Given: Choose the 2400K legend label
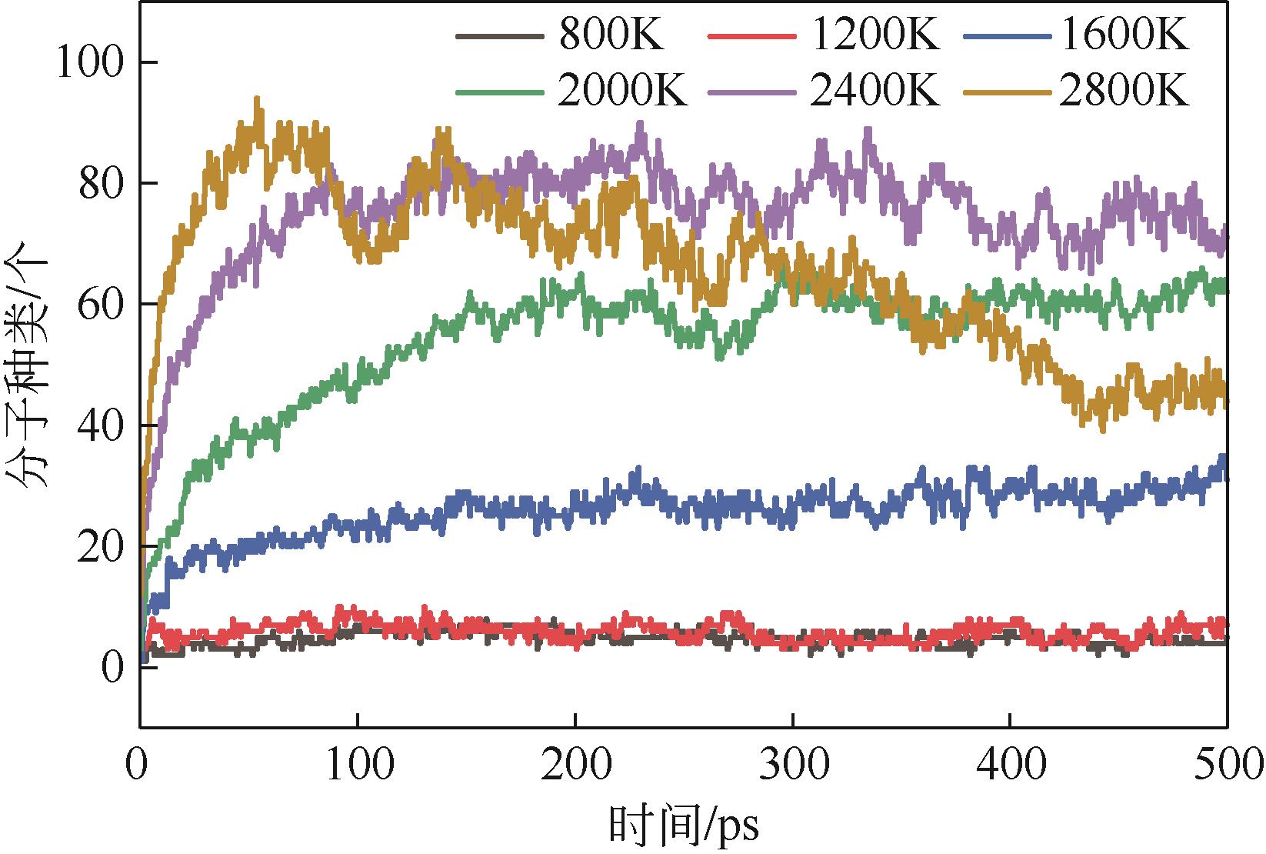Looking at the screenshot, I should coord(875,92).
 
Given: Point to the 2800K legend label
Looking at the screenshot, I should coord(1124,92).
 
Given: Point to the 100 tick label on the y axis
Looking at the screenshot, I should coord(91,62).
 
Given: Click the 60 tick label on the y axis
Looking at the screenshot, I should coord(101,305).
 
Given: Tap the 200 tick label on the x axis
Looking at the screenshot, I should coord(575,766).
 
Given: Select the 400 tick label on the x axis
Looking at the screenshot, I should coord(1009,766).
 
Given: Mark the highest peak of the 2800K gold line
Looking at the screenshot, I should coord(257,99).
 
